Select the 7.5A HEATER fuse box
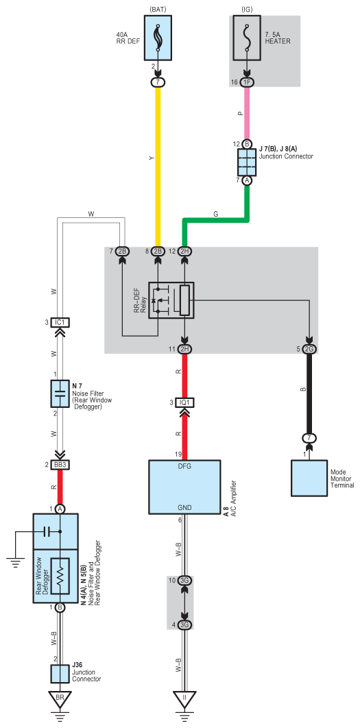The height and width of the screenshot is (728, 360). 246,37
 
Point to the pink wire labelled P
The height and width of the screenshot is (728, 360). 246,113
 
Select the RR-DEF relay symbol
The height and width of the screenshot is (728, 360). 171,300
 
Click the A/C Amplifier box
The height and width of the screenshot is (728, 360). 184,487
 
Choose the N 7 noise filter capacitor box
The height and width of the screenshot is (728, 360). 60,394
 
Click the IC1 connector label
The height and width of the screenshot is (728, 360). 60,322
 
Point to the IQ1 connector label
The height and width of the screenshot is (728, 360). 184,402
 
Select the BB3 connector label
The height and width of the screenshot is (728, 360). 60,464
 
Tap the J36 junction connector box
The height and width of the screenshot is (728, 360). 60,673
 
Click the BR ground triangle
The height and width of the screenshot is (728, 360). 60,699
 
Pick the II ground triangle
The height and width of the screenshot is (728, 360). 184,699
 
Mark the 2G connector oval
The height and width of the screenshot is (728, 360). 309,349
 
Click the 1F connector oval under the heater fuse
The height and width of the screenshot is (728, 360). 246,83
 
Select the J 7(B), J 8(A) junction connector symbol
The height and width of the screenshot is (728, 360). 246,162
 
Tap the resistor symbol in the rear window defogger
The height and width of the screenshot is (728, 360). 60,576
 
